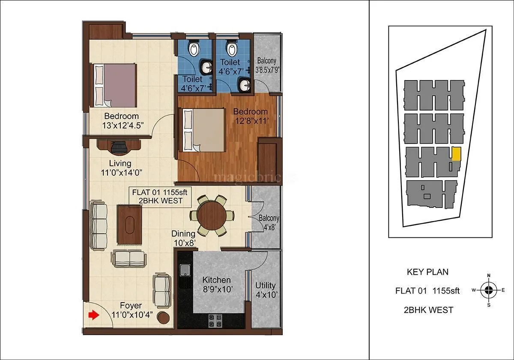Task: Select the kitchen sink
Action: pos(185,270)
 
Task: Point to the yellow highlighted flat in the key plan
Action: pos(457,154)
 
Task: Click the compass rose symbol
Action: pos(488,290)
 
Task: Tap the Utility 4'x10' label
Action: pos(266,290)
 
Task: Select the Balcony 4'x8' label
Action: pos(269,222)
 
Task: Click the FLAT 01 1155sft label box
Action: pos(160,196)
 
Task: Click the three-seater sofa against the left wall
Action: pos(99,226)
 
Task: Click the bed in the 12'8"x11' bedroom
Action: pos(203,130)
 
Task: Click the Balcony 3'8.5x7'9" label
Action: pos(267,65)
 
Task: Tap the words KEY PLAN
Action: pos(427,272)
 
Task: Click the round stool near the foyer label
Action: pos(164,318)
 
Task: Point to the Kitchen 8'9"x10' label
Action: pos(217,285)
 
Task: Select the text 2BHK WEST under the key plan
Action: pos(428,310)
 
